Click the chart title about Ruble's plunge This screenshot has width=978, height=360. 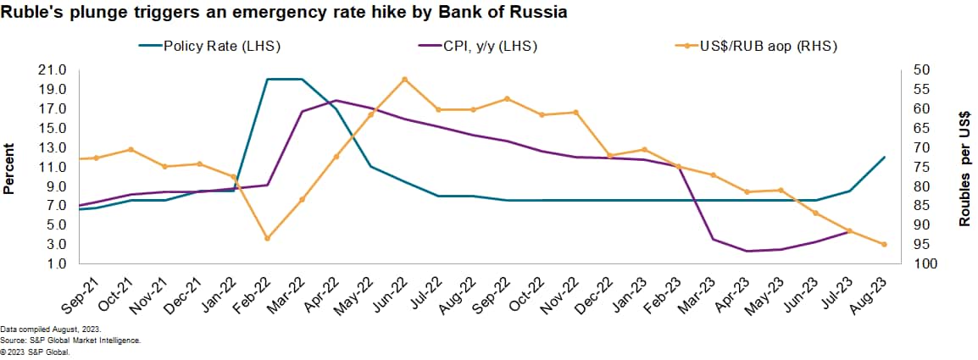point(284,13)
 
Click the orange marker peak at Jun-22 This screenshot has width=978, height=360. point(405,79)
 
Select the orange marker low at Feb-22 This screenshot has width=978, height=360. point(268,238)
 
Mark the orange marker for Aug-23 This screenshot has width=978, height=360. point(884,244)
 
